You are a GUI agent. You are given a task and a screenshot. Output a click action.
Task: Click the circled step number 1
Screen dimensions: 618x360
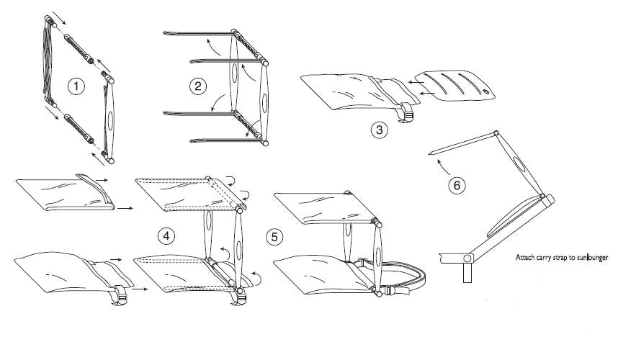[x=76, y=86]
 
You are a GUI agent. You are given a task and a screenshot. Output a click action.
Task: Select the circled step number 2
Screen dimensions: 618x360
[x=198, y=86]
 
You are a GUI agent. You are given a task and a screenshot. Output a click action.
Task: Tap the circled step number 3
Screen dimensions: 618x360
[x=379, y=130]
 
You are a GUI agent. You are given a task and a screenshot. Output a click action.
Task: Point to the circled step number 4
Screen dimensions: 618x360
[x=166, y=236]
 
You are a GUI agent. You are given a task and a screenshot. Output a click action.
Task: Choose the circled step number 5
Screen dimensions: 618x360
[x=274, y=237]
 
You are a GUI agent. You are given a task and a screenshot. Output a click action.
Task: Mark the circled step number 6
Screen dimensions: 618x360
[x=457, y=185]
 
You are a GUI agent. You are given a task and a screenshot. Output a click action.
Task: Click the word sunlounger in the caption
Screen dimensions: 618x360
[x=592, y=258]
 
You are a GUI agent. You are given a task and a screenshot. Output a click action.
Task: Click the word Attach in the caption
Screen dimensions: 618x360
[x=525, y=257]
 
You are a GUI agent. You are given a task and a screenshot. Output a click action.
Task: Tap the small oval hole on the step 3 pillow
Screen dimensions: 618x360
[x=485, y=91]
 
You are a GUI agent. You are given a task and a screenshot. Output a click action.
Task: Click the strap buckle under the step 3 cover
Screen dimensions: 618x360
[x=408, y=115]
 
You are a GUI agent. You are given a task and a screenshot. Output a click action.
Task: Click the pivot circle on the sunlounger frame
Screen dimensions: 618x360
[x=467, y=258]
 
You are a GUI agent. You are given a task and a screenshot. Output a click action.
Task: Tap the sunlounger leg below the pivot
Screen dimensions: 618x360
[x=467, y=273]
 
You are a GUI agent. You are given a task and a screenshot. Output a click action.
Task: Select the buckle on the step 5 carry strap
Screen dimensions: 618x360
[x=389, y=292]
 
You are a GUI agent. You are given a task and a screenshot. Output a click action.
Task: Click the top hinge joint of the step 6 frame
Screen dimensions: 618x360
[x=496, y=133]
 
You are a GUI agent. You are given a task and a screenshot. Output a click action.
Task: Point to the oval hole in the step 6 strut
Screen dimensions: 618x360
[x=520, y=165]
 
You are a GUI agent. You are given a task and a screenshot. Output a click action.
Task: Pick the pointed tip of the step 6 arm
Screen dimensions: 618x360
[x=429, y=153]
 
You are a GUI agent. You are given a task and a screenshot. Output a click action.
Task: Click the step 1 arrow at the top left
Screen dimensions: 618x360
[x=59, y=17]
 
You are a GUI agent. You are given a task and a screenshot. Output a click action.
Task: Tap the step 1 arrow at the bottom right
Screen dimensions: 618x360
[x=99, y=160]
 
